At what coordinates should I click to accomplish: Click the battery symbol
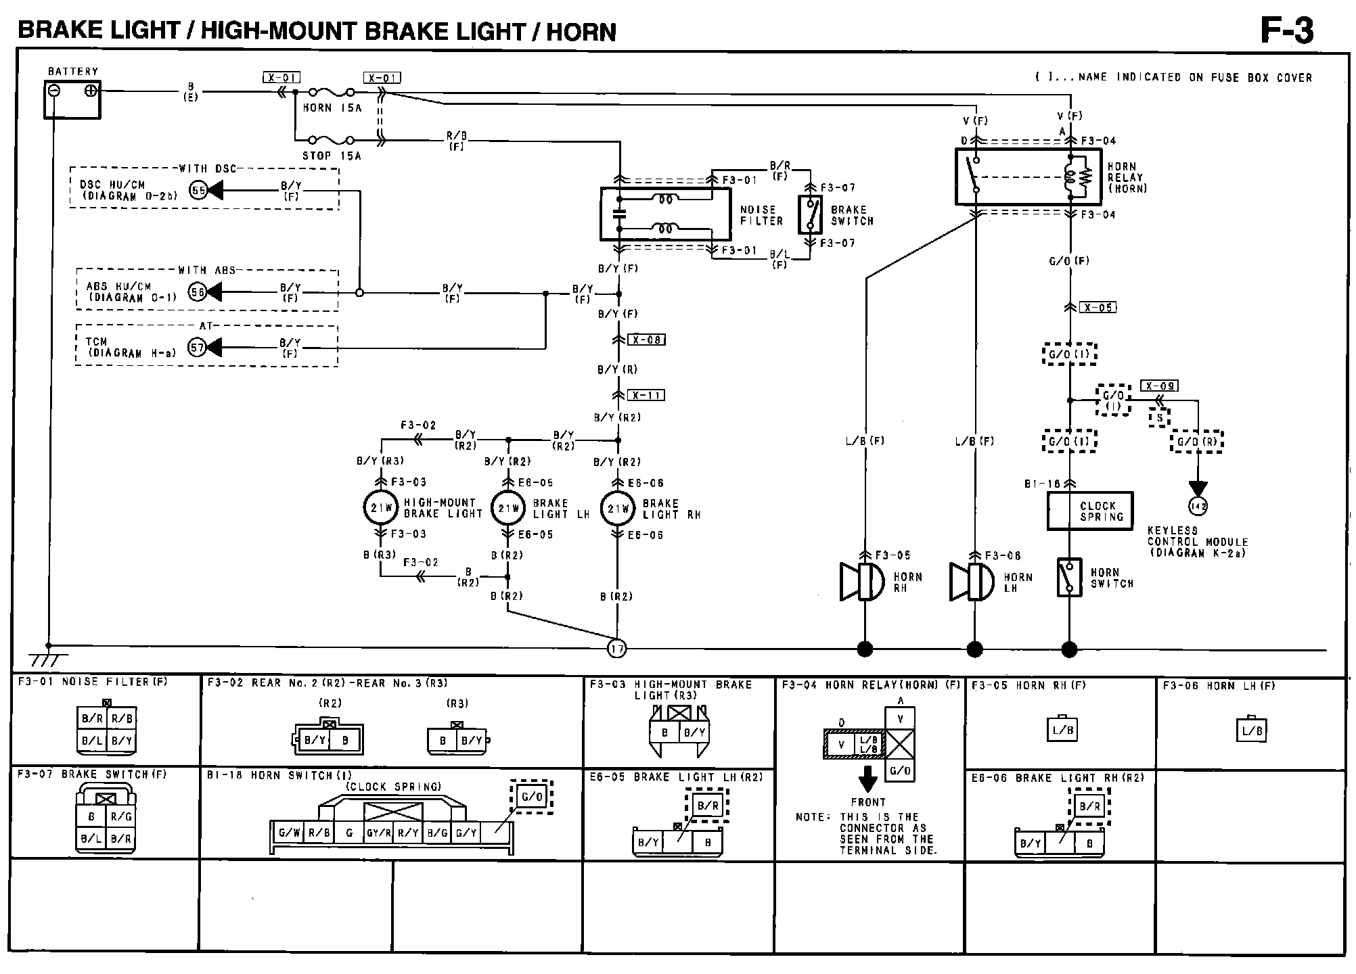point(72,99)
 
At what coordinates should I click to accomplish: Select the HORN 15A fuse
point(332,91)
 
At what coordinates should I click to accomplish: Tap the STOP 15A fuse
point(331,141)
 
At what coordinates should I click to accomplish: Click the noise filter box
point(665,214)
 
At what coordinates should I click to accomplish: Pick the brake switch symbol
point(811,215)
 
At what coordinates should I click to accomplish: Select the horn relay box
point(1022,177)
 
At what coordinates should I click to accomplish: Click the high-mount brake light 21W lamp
point(381,509)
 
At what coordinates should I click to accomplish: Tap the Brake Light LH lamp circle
point(508,509)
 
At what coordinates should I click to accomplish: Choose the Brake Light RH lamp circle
point(617,509)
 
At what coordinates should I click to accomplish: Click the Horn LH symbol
point(972,581)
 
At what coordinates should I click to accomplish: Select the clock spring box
point(1089,511)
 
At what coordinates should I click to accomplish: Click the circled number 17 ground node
point(617,649)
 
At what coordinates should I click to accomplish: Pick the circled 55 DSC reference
point(198,191)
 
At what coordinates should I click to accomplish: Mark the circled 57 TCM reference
point(197,348)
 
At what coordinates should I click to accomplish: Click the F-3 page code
point(1286,30)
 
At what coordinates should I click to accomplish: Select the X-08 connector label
point(647,340)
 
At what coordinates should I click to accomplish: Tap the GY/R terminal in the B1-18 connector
point(378,833)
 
